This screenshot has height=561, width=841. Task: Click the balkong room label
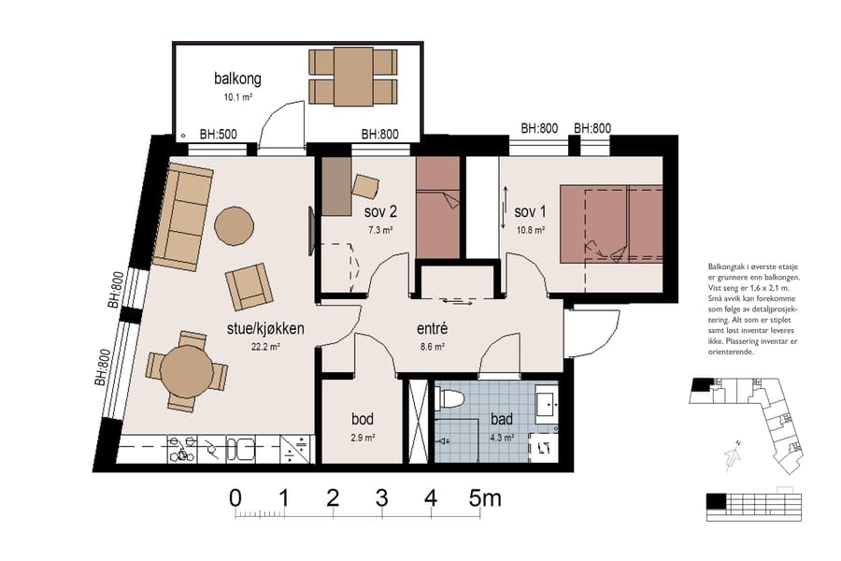(x=236, y=79)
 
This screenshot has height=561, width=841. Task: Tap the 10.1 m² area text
(x=236, y=97)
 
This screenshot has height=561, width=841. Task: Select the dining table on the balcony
(x=353, y=77)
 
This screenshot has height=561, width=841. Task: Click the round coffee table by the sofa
(x=234, y=225)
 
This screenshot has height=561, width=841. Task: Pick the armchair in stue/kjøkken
(x=249, y=286)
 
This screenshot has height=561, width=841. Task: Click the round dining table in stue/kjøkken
(x=187, y=371)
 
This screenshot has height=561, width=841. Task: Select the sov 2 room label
(x=380, y=210)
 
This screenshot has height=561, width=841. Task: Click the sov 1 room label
(x=530, y=210)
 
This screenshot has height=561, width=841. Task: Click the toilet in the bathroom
(x=451, y=399)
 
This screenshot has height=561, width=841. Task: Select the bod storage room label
(x=363, y=419)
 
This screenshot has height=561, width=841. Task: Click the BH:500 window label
(x=218, y=135)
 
